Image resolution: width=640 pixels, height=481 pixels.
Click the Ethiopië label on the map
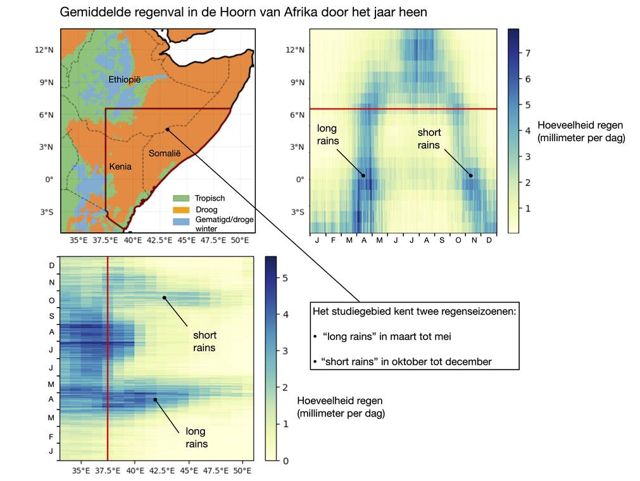124,80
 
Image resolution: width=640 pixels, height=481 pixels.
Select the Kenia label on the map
120,166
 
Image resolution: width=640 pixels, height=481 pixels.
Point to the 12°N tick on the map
44,50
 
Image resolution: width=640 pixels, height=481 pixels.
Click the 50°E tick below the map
240,240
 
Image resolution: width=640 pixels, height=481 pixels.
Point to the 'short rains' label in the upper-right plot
429,138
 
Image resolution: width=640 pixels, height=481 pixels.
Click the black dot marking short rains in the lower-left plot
164,297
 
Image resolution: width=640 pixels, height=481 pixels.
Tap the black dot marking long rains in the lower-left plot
154,399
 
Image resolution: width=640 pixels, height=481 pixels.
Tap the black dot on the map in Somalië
167,129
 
